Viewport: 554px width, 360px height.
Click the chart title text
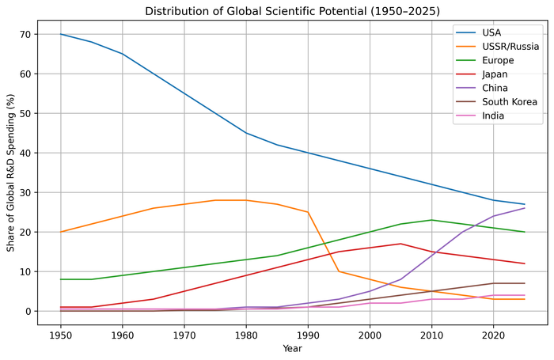click(x=292, y=11)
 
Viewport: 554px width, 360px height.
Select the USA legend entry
click(x=478, y=32)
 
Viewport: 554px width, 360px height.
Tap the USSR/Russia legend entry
click(x=497, y=46)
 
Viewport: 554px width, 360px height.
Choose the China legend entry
click(x=481, y=88)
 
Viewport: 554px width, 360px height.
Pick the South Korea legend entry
click(x=496, y=102)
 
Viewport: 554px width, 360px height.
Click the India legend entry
click(x=480, y=116)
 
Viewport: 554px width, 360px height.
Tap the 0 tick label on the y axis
click(x=29, y=311)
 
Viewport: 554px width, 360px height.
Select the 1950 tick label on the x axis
click(x=60, y=335)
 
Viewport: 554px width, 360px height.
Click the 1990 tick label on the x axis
click(x=308, y=335)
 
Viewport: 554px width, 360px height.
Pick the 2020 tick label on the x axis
click(x=493, y=335)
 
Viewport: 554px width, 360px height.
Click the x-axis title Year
click(x=292, y=349)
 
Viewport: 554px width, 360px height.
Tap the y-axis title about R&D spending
click(x=10, y=172)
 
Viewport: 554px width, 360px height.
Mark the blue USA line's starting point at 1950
click(x=60, y=34)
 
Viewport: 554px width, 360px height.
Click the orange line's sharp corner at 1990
click(x=308, y=212)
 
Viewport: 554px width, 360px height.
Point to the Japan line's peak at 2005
click(x=400, y=244)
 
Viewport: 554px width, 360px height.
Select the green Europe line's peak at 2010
click(x=431, y=220)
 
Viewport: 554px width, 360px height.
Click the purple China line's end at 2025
click(x=524, y=208)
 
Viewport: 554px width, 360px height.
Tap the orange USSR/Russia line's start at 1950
click(x=60, y=232)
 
